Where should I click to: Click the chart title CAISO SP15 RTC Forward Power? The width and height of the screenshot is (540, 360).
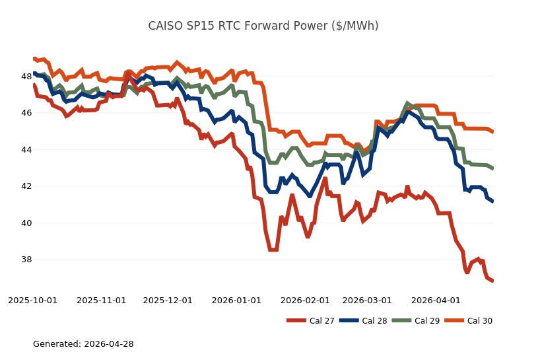(263, 26)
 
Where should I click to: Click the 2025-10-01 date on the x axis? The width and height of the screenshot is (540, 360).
(33, 300)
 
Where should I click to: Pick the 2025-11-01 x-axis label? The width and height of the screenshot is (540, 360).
(102, 300)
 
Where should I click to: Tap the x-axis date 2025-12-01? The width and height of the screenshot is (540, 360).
(168, 300)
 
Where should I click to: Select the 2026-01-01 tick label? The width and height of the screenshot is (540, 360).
(236, 300)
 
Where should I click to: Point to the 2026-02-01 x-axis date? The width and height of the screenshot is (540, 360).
(305, 300)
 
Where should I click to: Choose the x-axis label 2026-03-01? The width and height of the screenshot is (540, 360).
(367, 300)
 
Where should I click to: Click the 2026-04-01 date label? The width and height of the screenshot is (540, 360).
(436, 300)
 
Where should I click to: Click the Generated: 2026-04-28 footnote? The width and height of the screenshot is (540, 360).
(83, 344)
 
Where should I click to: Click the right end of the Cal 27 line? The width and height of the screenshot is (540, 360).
(492, 281)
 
